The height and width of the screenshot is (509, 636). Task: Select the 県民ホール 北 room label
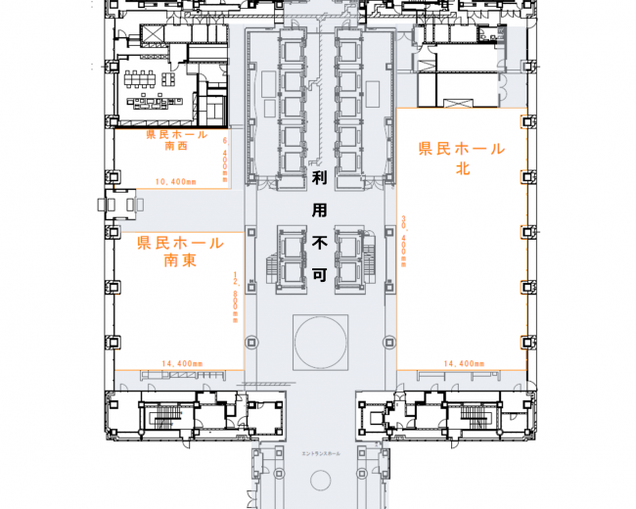pos(462,158)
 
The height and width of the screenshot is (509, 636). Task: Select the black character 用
pos(319,209)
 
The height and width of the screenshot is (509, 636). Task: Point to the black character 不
pos(319,242)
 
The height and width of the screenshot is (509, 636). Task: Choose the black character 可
pos(319,275)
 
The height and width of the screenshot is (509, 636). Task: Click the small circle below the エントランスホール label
pos(320,481)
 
